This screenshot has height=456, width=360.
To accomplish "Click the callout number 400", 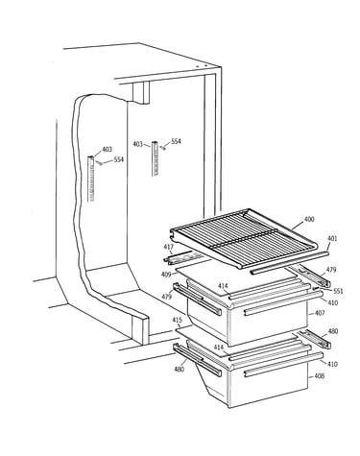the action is coord(309,219).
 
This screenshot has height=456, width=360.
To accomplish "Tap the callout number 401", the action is coord(332,238).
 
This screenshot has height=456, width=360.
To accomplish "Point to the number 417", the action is coord(169,247).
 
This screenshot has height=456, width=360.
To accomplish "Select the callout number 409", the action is coord(166,275).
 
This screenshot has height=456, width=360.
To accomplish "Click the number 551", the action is coord(338,291).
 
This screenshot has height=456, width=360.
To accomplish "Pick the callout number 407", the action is coord(320,313).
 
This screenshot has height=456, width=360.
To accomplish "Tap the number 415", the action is coord(178,320).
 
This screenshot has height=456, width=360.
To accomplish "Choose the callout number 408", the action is coord(320,376).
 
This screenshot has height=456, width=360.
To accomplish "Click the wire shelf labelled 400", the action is coord(243,238).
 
